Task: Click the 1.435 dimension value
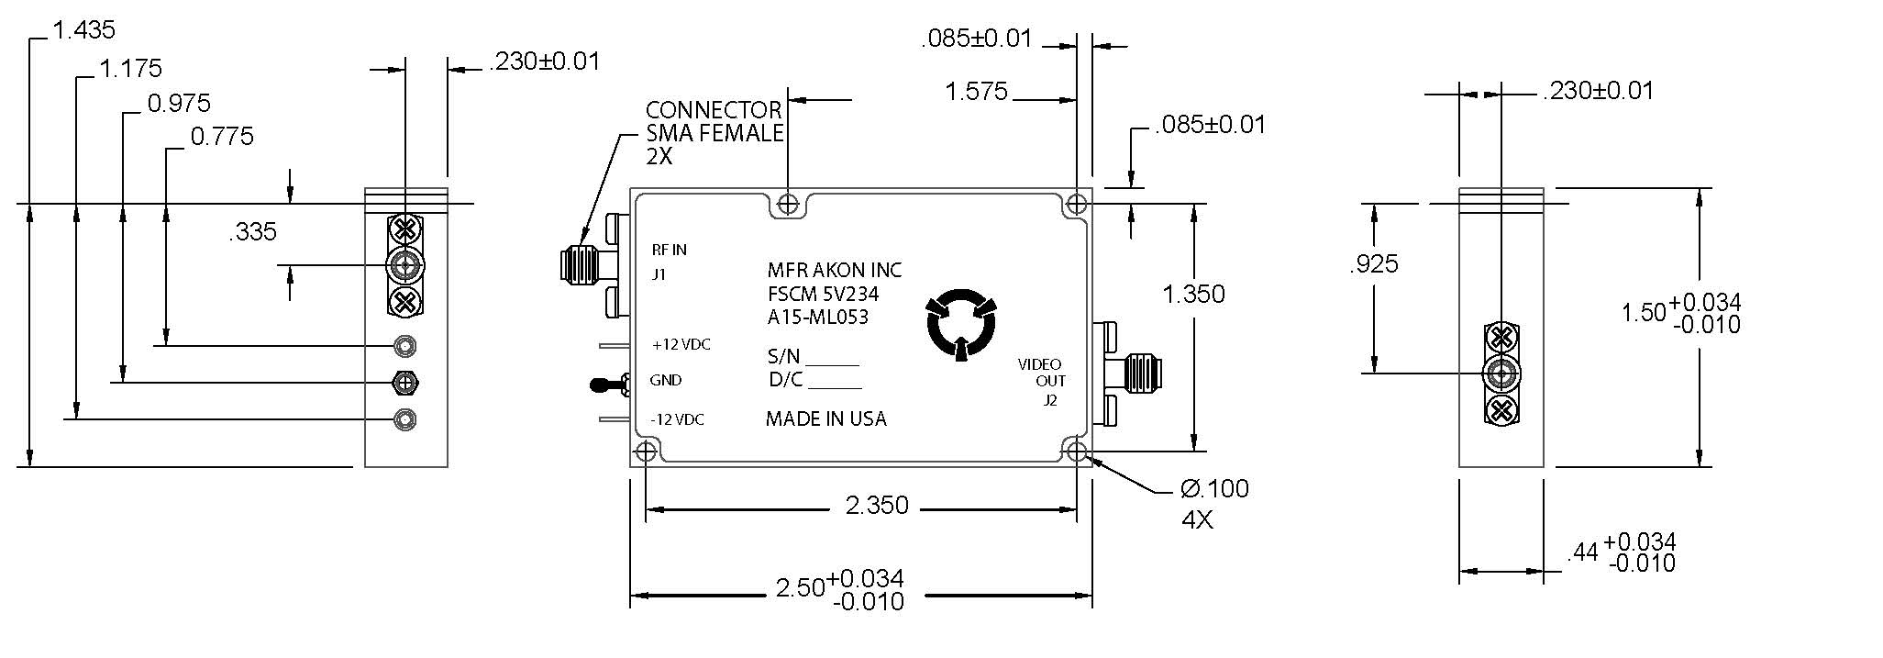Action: (x=84, y=30)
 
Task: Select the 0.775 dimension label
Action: (x=222, y=137)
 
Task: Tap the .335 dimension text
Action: (x=253, y=231)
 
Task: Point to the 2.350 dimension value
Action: (x=877, y=506)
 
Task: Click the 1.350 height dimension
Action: (x=1193, y=294)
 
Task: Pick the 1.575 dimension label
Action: (x=976, y=91)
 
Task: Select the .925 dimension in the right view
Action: (x=1374, y=264)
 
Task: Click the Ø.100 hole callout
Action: (x=1214, y=488)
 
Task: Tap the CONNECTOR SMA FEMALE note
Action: (x=714, y=133)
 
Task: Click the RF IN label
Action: (x=670, y=250)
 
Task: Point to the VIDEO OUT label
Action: (x=1043, y=373)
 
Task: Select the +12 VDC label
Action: (x=681, y=345)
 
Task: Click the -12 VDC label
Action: (x=678, y=419)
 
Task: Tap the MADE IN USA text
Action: (x=825, y=419)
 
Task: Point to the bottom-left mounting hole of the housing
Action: (x=646, y=452)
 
